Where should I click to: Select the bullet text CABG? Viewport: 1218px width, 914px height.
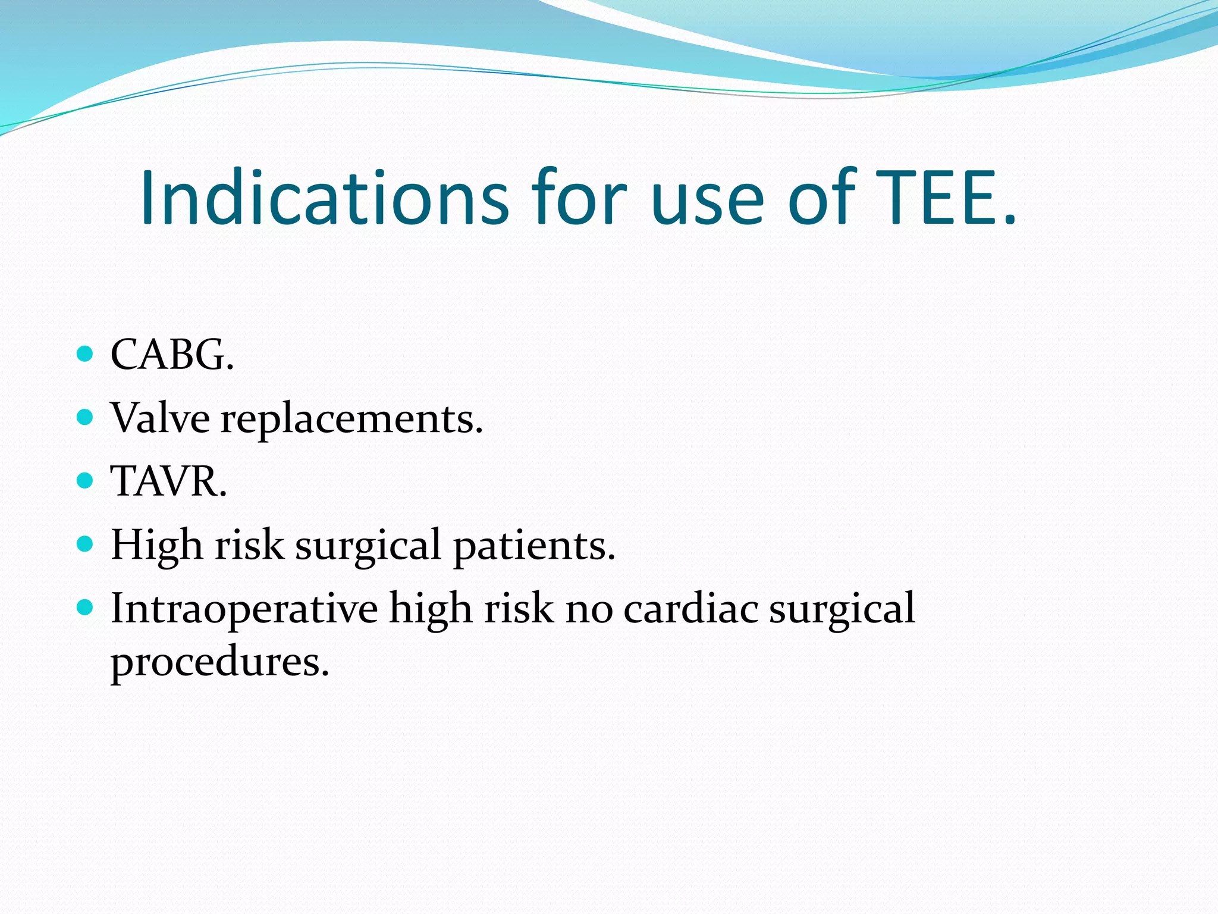pos(172,355)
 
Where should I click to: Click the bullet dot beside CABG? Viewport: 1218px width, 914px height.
pos(86,355)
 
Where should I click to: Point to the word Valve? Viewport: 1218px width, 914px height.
pos(160,418)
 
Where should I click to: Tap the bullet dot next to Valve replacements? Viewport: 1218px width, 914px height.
pos(86,418)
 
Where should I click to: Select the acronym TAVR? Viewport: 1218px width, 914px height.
pos(168,481)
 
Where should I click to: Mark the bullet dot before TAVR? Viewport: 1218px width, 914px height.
pos(86,481)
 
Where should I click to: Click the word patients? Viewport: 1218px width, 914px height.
pos(534,546)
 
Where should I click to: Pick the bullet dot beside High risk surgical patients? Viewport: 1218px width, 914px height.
pos(86,544)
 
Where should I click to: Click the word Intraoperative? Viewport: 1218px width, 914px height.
pos(244,609)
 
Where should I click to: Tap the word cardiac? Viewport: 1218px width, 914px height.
pos(690,609)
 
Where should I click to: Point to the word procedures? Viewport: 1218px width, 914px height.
pos(219,662)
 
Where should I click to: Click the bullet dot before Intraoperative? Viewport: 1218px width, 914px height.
pos(86,608)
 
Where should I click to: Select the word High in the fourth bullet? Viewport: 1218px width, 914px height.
pos(156,545)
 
